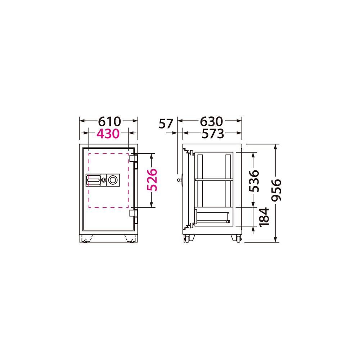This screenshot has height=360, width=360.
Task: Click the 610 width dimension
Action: [x=109, y=121]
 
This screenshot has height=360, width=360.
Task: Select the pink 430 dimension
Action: [x=108, y=134]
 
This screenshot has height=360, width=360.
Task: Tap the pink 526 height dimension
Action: [x=152, y=180]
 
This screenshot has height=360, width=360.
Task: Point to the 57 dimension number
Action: [x=166, y=124]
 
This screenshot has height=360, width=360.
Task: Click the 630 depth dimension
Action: [x=211, y=121]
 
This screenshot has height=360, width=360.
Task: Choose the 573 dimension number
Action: [x=213, y=134]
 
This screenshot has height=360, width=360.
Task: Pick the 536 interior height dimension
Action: [x=254, y=181]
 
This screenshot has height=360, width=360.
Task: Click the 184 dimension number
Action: [x=264, y=217]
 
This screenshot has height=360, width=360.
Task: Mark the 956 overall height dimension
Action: [x=276, y=190]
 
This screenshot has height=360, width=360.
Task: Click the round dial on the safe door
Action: [x=113, y=180]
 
